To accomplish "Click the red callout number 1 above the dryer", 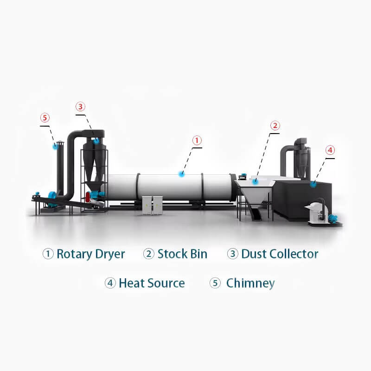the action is tap(197, 141).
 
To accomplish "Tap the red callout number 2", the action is tap(275, 125).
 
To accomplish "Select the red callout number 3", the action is tap(80, 107).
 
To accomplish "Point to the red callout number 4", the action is tap(330, 150).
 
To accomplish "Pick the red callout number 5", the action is tap(45, 118).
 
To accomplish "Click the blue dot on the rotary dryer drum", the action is tap(181, 174).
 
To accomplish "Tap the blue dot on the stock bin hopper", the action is tap(255, 181).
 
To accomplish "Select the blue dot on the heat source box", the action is tap(313, 184).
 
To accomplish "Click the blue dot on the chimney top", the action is tap(55, 146).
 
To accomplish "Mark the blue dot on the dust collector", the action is tap(96, 141).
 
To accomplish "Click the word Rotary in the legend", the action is tap(75, 254).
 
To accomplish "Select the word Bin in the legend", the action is tap(199, 254).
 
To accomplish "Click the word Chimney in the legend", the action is tap(250, 283).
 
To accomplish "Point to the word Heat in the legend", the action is tap(130, 283).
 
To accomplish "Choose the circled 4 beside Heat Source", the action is tap(110, 283).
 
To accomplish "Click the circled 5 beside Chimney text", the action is tap(215, 283).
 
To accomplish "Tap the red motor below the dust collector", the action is tap(88, 197).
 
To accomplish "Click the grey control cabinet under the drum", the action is tap(153, 205).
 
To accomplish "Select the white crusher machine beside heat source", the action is tap(317, 212).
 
